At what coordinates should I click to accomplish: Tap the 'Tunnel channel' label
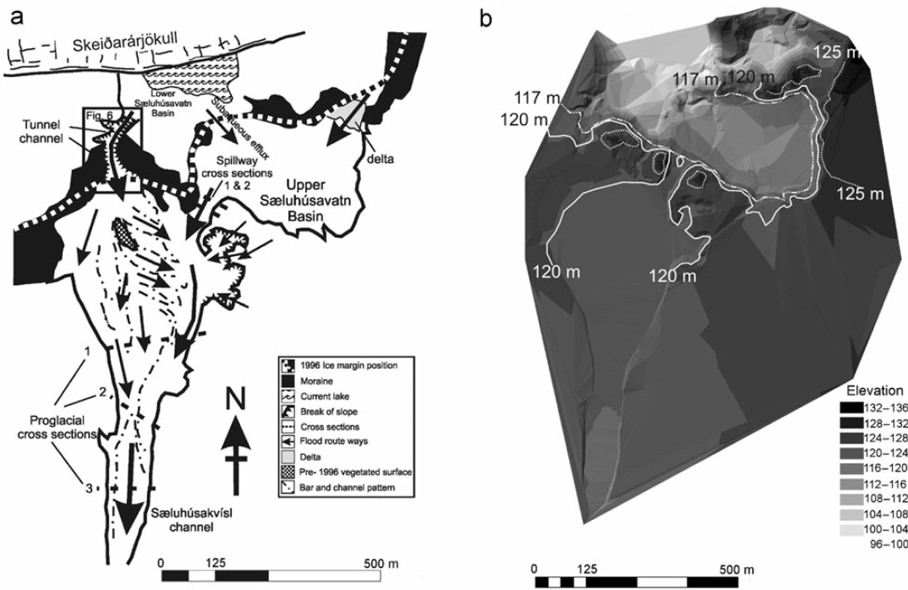pos(40,131)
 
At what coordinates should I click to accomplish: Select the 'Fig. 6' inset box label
pos(101,115)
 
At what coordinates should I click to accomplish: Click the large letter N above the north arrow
pos(236,397)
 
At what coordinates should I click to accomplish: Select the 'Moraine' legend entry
pos(317,381)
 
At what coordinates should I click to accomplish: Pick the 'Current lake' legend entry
pos(324,396)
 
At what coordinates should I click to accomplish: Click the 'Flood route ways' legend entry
pos(333,442)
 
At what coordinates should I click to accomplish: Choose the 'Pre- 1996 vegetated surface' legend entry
pos(355,472)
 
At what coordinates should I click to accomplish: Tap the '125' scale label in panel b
pos(586,569)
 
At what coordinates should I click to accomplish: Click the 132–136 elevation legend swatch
pos(852,407)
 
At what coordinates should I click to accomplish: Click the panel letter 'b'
pos(485,19)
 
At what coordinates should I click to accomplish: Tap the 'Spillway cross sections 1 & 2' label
pos(237,174)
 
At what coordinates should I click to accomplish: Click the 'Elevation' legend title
pos(874,390)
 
